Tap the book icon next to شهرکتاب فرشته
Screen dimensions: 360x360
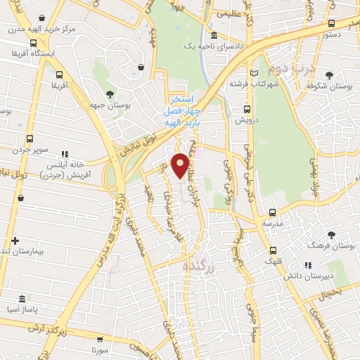coord(255,72)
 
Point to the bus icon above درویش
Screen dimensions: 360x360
coord(247,109)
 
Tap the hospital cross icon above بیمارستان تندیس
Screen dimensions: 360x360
coord(15,240)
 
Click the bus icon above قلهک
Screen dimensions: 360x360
coord(274,250)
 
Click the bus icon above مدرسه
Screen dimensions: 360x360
coord(268,212)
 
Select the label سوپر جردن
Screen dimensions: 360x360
coord(28,149)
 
